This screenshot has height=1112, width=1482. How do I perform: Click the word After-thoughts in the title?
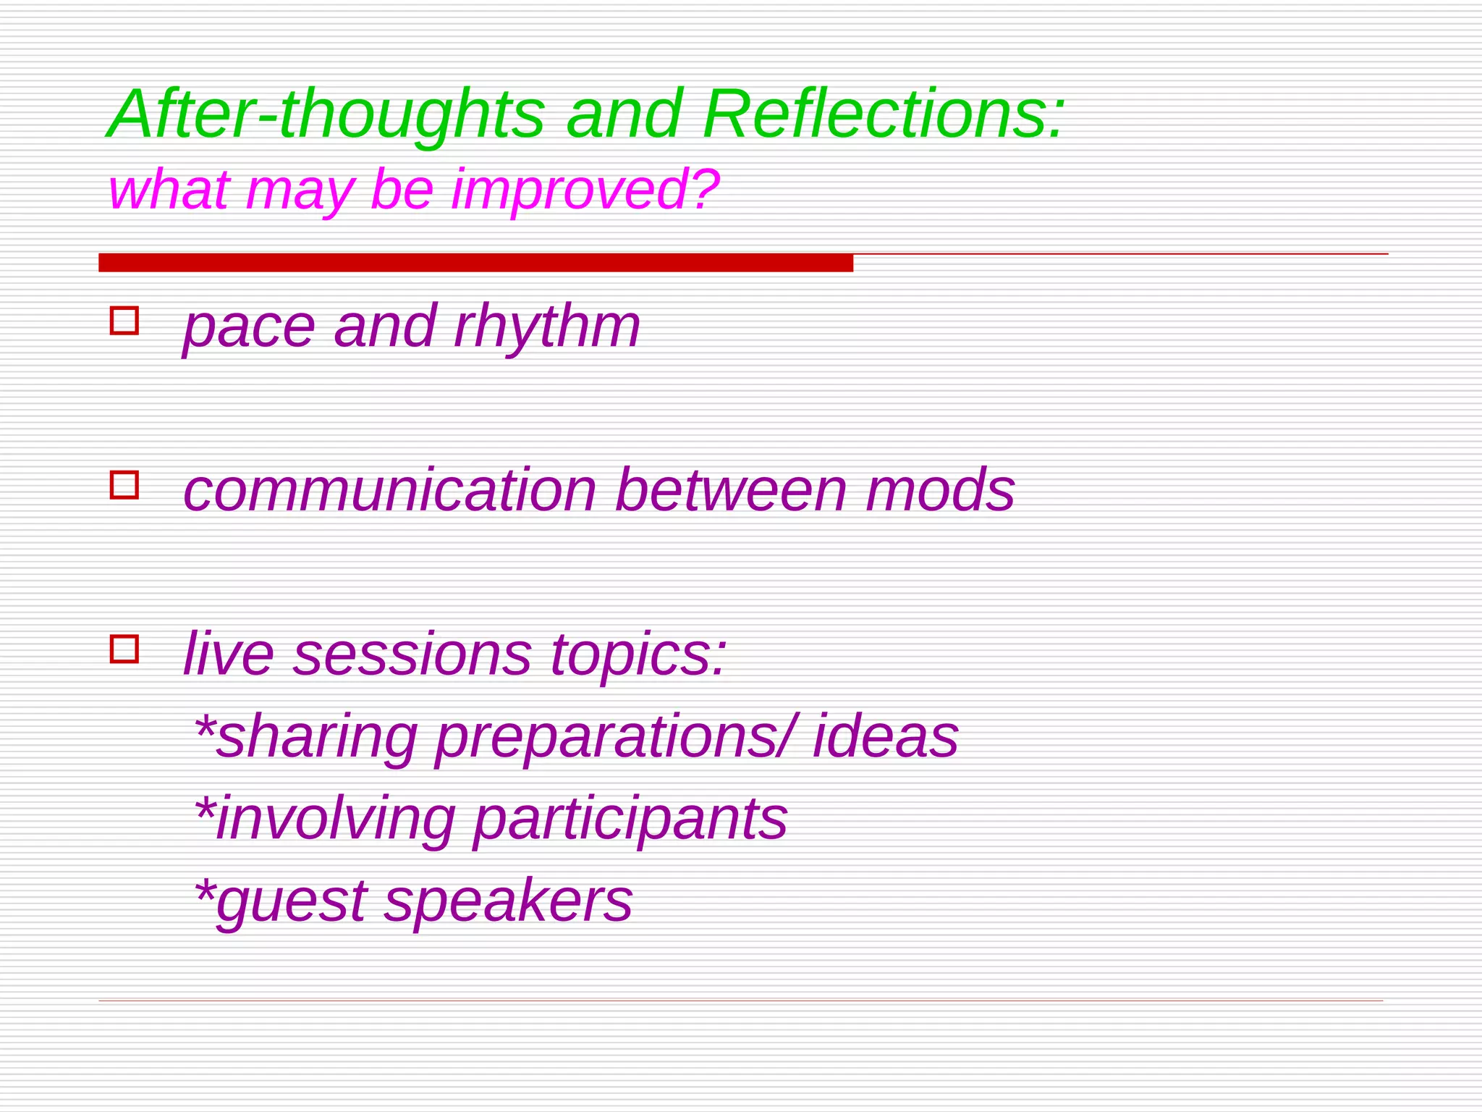click(326, 114)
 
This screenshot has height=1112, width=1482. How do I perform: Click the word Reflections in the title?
click(876, 114)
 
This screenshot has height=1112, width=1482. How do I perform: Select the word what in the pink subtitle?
click(169, 190)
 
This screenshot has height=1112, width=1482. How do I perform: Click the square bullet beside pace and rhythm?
click(124, 321)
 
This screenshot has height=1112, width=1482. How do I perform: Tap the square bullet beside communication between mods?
click(124, 484)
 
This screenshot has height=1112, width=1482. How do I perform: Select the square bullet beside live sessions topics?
click(124, 649)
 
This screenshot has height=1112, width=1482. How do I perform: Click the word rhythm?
click(547, 327)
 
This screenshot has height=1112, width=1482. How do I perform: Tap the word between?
click(731, 490)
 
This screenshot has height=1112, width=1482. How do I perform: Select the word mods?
click(940, 490)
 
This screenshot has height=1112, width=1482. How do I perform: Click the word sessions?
click(412, 654)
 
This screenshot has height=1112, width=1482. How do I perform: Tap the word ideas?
click(886, 736)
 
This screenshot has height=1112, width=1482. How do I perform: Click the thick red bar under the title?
click(475, 263)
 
